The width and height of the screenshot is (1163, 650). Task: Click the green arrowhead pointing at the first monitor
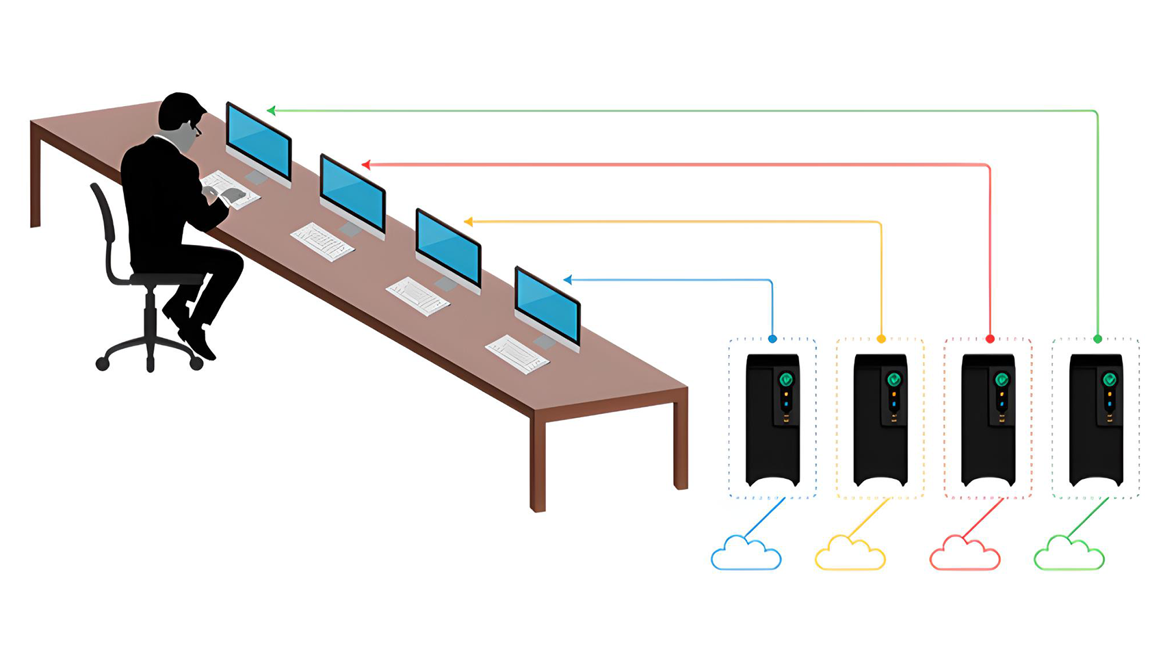tap(271, 110)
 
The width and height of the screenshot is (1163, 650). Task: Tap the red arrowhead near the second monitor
tap(365, 164)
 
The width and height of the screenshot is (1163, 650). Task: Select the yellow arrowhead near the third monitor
tap(468, 222)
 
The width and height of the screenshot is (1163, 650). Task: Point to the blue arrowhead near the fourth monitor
tap(567, 279)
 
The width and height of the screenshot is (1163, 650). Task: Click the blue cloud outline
tap(746, 556)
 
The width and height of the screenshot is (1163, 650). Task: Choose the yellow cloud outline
tap(850, 556)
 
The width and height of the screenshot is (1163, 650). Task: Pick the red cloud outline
tap(965, 556)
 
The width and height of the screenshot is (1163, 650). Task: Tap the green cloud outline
tap(1069, 556)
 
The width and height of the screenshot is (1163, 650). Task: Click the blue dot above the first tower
tap(772, 339)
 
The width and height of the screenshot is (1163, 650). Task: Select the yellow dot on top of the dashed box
tap(881, 339)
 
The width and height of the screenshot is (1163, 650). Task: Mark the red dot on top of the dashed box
tap(990, 339)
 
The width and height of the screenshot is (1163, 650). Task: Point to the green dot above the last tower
tap(1097, 339)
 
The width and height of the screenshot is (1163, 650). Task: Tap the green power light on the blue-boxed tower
tap(786, 378)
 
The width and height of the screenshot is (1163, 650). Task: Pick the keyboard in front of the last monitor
tap(517, 354)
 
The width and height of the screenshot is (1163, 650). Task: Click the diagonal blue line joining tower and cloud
tap(764, 518)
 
